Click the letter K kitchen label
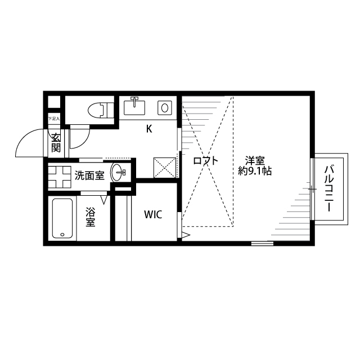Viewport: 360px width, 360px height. (149, 129)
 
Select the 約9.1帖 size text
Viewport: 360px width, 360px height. (255, 171)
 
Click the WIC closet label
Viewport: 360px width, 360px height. (153, 214)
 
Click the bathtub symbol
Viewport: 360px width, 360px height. (62, 218)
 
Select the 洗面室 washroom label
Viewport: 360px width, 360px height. (89, 175)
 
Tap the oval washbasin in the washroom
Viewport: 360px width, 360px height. (118, 173)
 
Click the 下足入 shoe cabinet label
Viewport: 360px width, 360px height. (53, 119)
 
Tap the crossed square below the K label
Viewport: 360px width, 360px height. (165, 167)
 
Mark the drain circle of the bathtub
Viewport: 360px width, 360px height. (62, 234)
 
